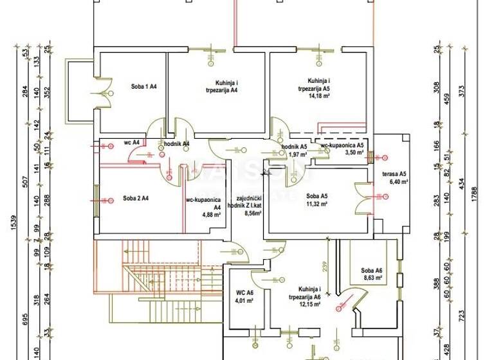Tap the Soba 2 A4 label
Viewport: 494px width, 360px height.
[136, 198]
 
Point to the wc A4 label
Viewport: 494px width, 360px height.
[133, 143]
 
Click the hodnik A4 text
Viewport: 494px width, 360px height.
[176, 143]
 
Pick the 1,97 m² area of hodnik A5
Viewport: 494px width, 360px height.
[296, 154]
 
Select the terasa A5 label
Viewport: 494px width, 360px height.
[394, 174]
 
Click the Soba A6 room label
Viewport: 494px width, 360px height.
[372, 270]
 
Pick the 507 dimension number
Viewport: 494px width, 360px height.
[24, 181]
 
